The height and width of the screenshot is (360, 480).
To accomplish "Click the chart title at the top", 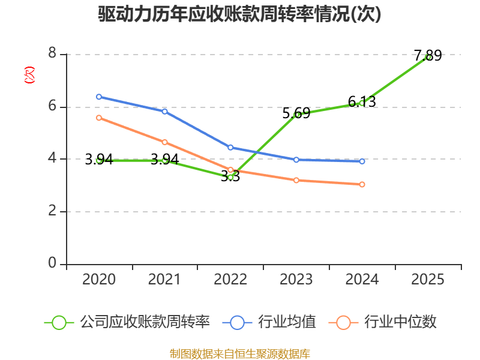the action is [239, 14].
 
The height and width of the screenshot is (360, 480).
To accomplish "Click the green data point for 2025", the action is [428, 57].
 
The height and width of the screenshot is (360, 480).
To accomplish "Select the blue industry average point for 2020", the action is [99, 97].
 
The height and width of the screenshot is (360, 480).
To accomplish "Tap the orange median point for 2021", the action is [164, 142].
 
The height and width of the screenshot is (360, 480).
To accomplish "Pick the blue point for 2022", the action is [230, 148].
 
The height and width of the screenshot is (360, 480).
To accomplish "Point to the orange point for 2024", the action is [362, 184].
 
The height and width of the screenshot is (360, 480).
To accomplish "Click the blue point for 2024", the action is [362, 161].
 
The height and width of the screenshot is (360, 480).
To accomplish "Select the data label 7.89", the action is [428, 55].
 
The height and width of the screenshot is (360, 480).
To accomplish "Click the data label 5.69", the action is [296, 113].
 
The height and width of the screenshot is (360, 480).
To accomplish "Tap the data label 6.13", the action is [362, 101].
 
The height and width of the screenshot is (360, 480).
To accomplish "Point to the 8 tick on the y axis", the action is [52, 53].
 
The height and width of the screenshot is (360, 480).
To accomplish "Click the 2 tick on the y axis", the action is [52, 211].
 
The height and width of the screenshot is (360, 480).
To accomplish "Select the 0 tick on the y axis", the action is [52, 263].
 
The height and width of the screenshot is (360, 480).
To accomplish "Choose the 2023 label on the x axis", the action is [296, 280].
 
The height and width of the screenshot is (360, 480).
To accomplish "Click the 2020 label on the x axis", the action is [99, 280].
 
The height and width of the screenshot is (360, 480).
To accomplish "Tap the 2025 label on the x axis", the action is [428, 280].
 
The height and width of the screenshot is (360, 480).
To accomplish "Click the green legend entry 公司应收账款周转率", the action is [127, 322].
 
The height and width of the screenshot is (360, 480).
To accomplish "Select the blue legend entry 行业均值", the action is [269, 322].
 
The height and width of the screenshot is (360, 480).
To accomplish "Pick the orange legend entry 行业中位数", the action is [382, 322].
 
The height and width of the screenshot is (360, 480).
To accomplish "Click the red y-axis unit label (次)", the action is [29, 75].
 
